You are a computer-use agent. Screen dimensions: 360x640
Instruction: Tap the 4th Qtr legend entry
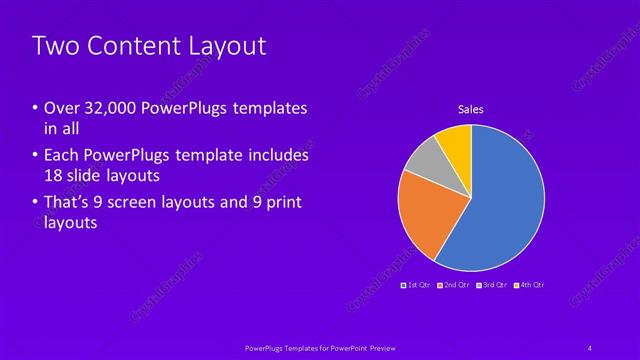[529, 286]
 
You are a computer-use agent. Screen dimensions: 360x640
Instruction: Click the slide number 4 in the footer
[590, 346]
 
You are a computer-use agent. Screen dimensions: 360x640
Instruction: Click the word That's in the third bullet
[67, 203]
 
